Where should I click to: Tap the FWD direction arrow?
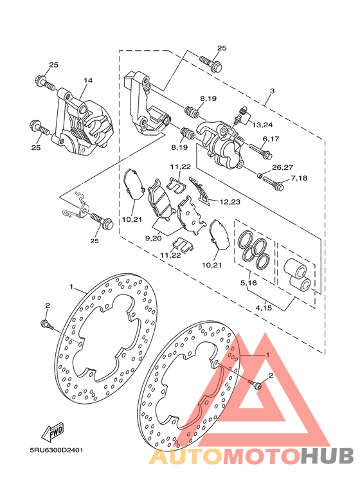pyautogui.click(x=53, y=431)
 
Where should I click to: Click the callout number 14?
pyautogui.click(x=88, y=80)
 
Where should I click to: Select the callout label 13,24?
pyautogui.click(x=262, y=125)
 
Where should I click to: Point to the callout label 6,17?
pyautogui.click(x=270, y=138)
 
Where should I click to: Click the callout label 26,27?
pyautogui.click(x=282, y=167)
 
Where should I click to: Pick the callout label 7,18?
pyautogui.click(x=299, y=178)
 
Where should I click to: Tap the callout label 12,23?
pyautogui.click(x=230, y=202)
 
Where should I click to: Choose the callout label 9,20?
pyautogui.click(x=154, y=238)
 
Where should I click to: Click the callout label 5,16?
pyautogui.click(x=248, y=282)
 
